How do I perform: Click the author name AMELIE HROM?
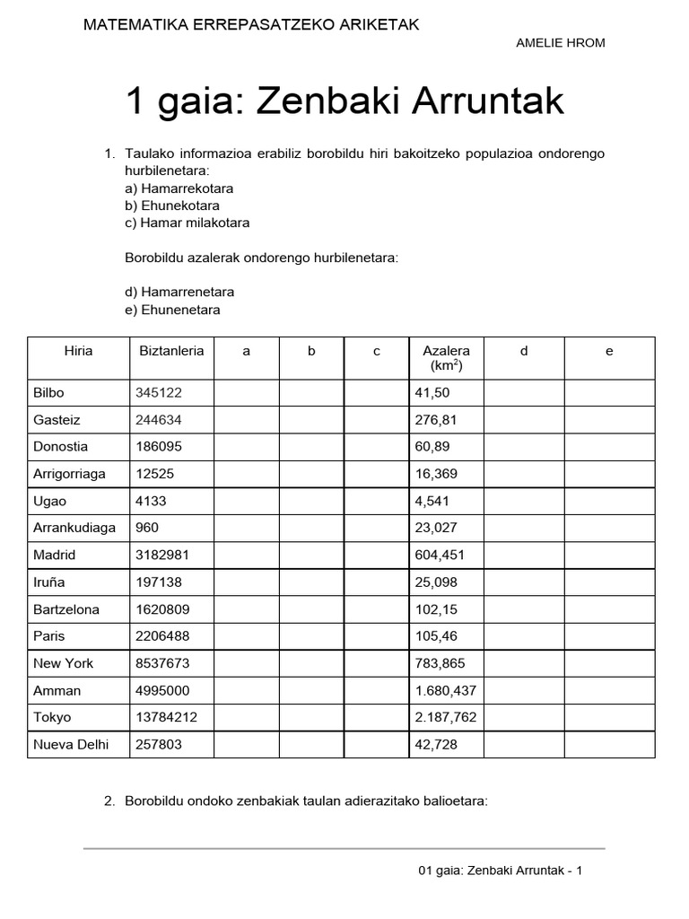[561, 43]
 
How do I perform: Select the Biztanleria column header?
[171, 351]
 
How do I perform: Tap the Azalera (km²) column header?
[446, 358]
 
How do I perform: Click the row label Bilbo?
[48, 393]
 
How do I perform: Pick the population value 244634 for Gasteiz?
[159, 420]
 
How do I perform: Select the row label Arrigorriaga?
[69, 474]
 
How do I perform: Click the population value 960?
[147, 528]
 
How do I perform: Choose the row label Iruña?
[49, 582]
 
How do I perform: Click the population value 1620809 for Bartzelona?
[162, 609]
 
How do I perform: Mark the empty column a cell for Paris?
[246, 636]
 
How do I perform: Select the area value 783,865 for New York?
[440, 663]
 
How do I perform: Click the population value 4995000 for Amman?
[162, 690]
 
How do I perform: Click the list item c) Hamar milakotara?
[187, 223]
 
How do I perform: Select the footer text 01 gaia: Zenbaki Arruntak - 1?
[501, 871]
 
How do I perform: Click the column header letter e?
[609, 351]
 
